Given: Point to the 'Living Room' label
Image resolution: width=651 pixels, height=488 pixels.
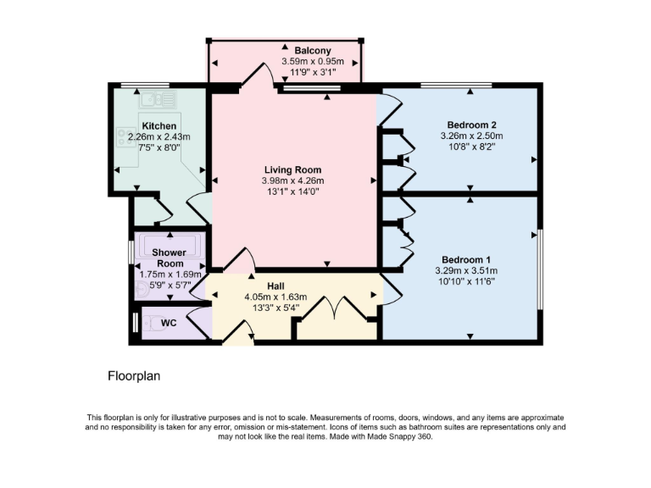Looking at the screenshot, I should tap(293, 169).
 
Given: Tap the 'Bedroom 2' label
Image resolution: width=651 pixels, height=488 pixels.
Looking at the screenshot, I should tap(471, 125).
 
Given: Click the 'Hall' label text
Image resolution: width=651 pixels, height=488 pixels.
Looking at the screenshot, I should tap(275, 286).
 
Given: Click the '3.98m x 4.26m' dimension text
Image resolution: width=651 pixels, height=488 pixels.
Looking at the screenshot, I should tap(293, 180).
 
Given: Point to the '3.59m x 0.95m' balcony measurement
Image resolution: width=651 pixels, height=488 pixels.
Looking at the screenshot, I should tap(301, 61).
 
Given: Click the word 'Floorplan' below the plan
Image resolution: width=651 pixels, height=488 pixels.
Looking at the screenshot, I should tap(134, 374).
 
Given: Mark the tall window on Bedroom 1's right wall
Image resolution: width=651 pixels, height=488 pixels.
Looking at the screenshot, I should tap(540, 268).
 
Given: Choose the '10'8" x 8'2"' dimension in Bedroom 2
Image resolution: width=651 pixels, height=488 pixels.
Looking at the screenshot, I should tap(471, 147).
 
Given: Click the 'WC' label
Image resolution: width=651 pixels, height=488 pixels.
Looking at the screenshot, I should tap(170, 323).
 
